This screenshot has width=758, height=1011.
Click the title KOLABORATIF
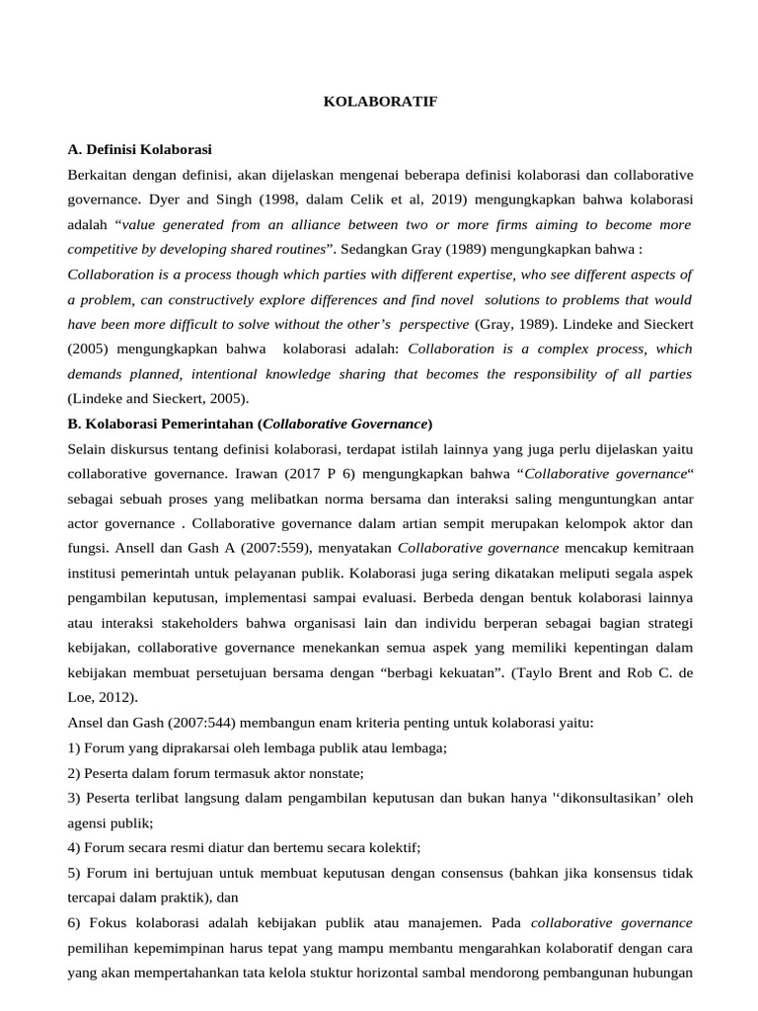tap(380, 101)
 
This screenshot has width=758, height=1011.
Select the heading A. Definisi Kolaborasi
tap(139, 149)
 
